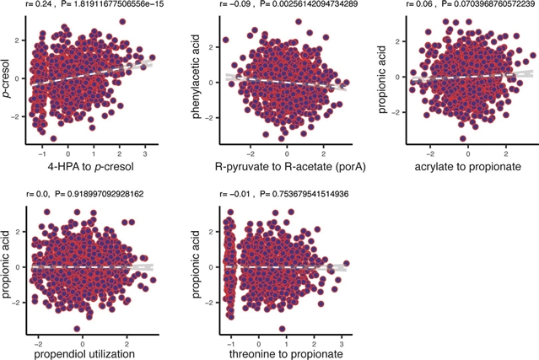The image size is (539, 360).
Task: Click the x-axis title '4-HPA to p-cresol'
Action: pyautogui.click(x=87, y=166)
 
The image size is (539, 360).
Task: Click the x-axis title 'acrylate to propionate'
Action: pyautogui.click(x=467, y=166)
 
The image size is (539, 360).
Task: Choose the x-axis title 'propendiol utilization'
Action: pyautogui.click(x=84, y=355)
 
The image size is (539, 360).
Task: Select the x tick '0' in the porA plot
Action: pyautogui.click(x=287, y=153)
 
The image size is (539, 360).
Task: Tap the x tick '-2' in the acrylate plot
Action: pyautogui.click(x=430, y=153)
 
